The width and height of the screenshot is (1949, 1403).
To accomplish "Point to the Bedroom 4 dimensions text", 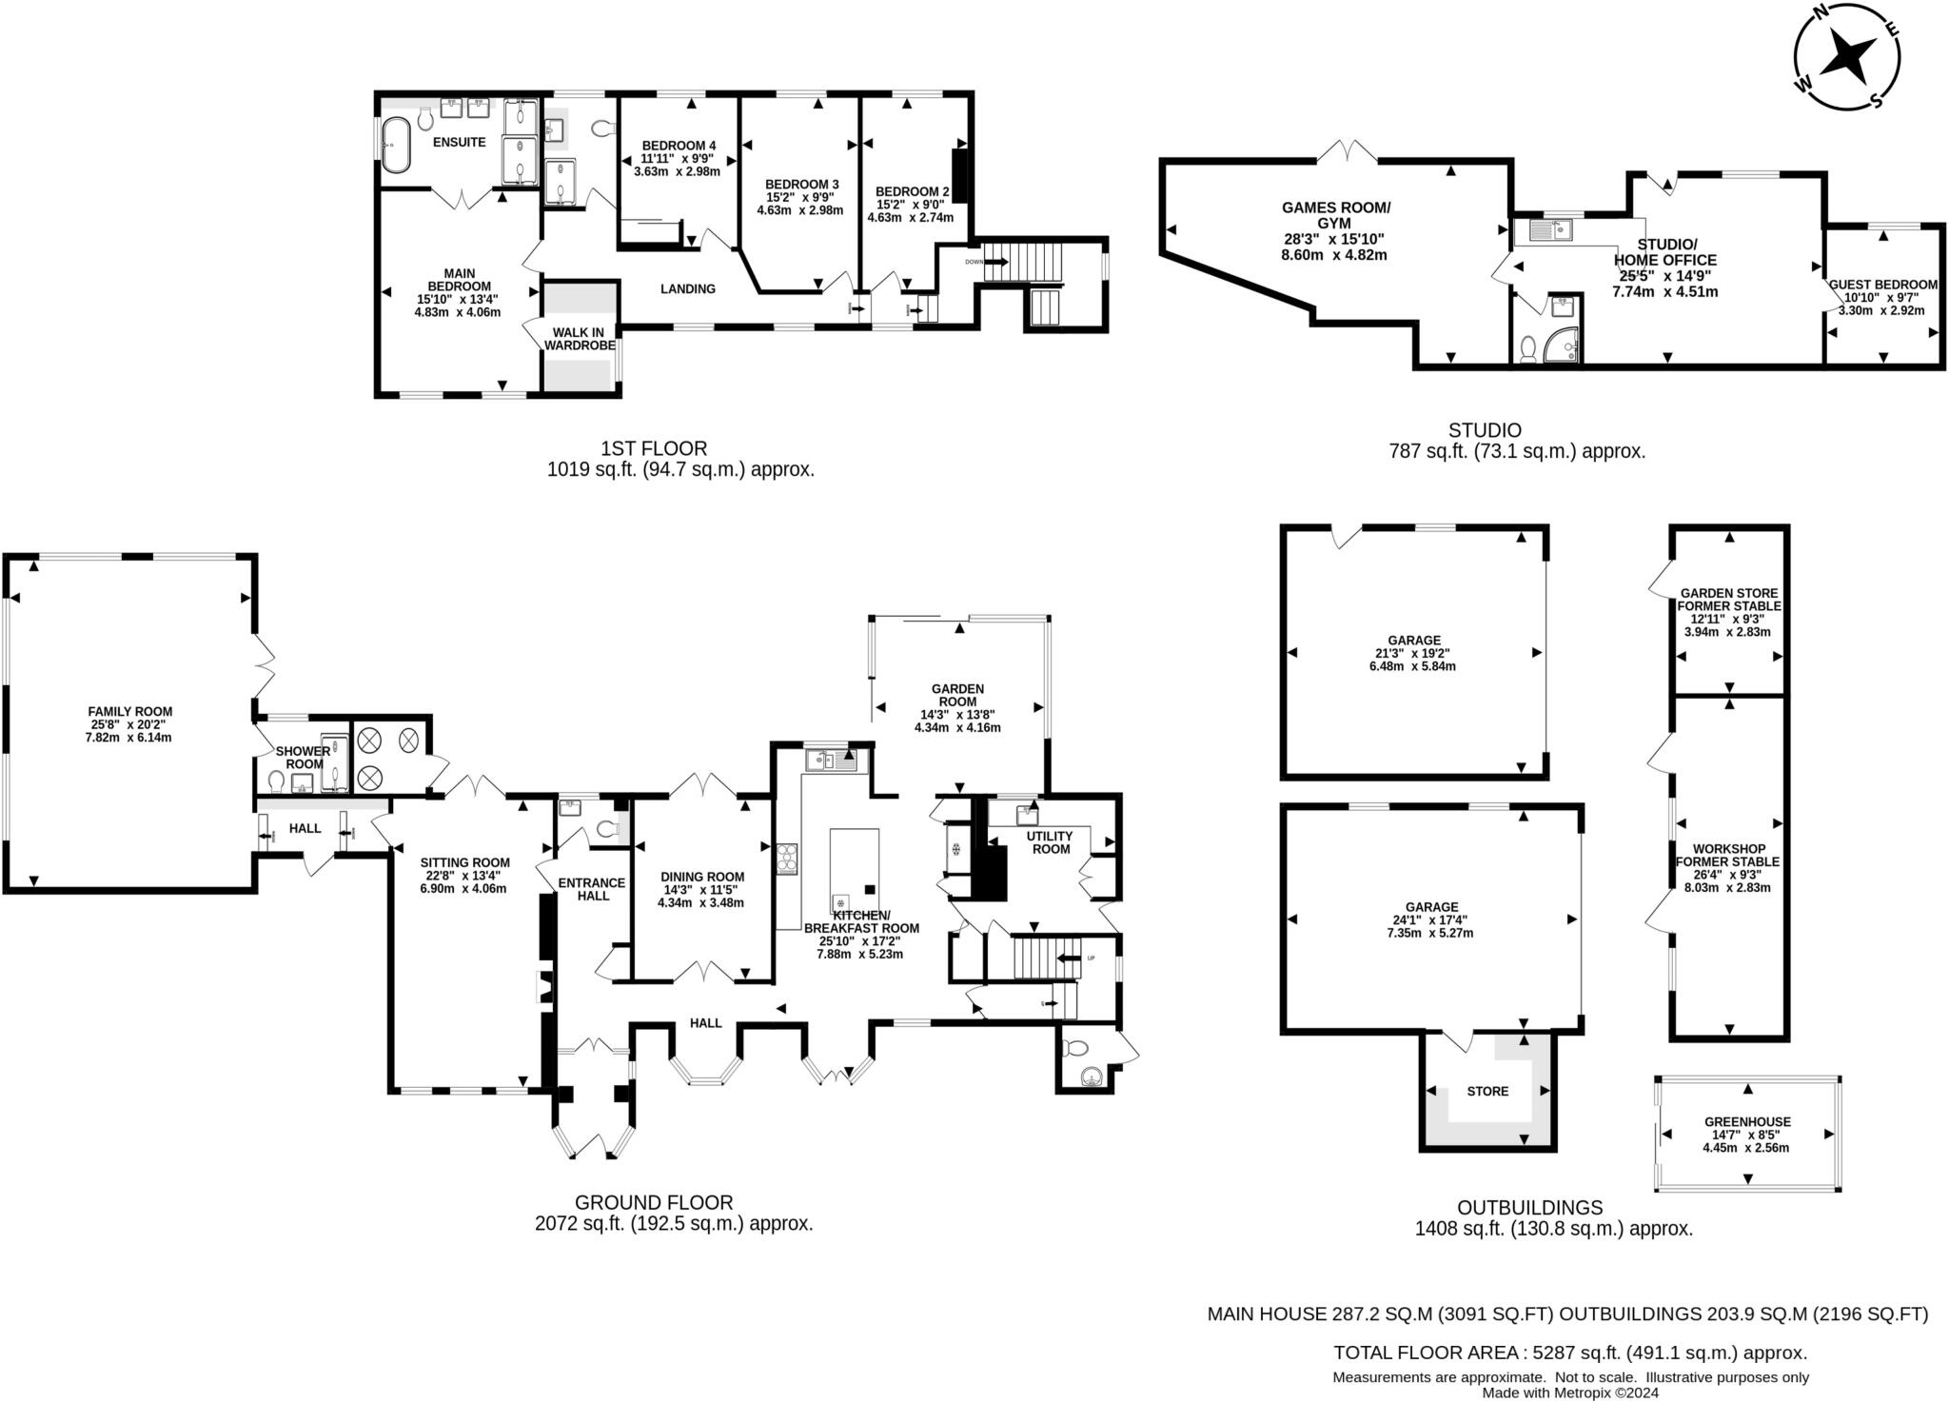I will [677, 166].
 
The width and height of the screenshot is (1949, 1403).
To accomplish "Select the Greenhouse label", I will [1747, 1122].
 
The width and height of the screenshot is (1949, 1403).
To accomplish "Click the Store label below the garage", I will [1487, 1091].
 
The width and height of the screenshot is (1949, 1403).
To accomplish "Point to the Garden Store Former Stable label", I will [1728, 600].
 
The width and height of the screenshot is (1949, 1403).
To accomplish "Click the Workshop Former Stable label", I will [1727, 855].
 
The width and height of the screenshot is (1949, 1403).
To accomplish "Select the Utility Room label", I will [1050, 842].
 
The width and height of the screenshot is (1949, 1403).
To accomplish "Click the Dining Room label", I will [702, 877].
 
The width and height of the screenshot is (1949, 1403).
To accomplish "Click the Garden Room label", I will [957, 695].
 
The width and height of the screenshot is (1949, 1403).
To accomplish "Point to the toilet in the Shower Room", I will [277, 781].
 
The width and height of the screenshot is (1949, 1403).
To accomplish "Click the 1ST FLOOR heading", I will [653, 447].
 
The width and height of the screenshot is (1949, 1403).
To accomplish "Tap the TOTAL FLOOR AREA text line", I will [1570, 1353].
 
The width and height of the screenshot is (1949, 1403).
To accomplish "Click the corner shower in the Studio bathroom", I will [1563, 346].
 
